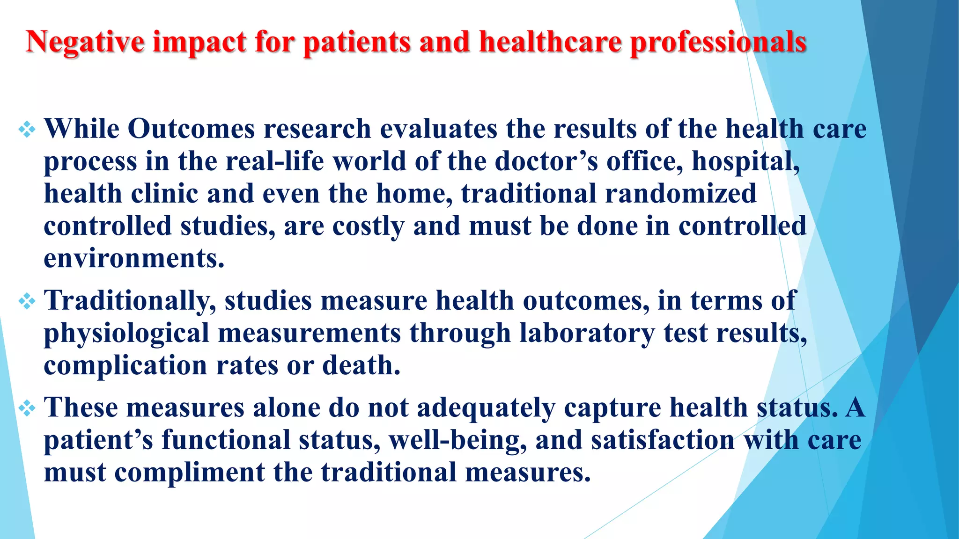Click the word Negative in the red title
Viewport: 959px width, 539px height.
(x=85, y=42)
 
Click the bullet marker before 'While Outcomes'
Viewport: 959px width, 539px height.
(x=27, y=129)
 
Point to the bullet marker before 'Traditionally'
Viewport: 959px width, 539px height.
(x=27, y=301)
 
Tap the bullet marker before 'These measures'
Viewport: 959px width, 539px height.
(x=27, y=408)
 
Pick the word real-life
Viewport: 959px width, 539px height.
(x=274, y=161)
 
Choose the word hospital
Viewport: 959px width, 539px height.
(x=745, y=161)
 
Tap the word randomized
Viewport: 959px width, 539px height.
(x=680, y=194)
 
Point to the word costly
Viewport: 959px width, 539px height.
(x=368, y=226)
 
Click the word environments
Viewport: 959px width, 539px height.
(x=134, y=259)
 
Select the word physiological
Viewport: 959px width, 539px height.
(x=126, y=334)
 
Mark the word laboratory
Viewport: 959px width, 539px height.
(x=587, y=334)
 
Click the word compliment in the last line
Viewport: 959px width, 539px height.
(x=190, y=472)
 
